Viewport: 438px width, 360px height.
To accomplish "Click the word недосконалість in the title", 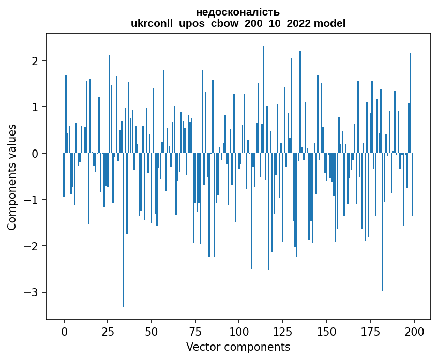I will (238, 12).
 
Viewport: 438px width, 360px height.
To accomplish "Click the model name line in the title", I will (238, 23).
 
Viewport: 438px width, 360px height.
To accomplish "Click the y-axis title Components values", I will (11, 177).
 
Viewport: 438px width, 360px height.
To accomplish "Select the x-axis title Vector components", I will (238, 347).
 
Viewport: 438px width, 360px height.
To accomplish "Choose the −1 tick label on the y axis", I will (34, 200).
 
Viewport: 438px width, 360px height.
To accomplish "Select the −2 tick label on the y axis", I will (34, 246).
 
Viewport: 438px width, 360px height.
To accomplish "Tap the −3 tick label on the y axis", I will (34, 292).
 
